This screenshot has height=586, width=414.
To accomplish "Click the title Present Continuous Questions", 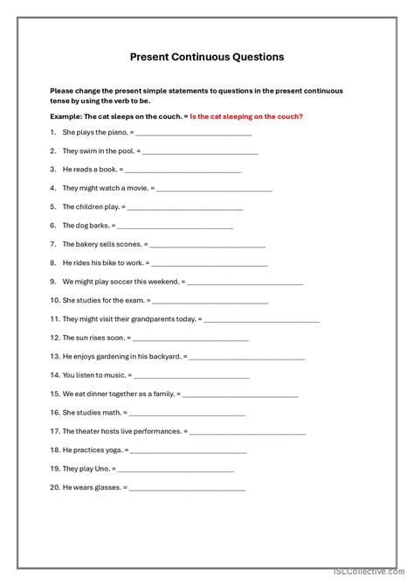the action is [207, 57].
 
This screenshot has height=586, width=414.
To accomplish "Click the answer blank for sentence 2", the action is [200, 151].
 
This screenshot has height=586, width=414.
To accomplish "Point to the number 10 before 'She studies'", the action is [54, 300].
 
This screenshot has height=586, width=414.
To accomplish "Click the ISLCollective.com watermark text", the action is [375, 576].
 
